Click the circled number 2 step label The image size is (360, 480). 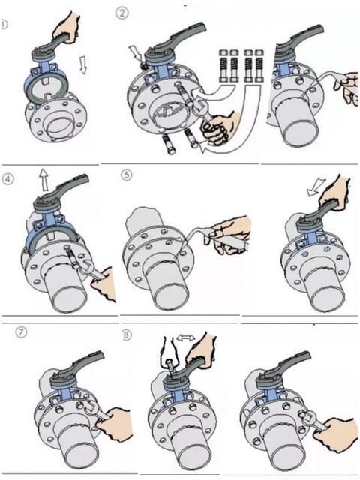click(x=121, y=13)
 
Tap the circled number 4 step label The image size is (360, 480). click(x=8, y=179)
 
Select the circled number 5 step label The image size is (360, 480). click(x=127, y=175)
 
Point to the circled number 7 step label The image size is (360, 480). click(x=21, y=332)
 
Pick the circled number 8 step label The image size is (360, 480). click(x=127, y=334)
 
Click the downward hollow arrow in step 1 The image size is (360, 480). click(x=82, y=64)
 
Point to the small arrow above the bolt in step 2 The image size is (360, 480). click(x=135, y=54)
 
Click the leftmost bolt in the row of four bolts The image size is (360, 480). click(x=223, y=66)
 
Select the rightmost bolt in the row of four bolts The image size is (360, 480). click(x=259, y=66)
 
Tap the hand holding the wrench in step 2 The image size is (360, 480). click(x=218, y=127)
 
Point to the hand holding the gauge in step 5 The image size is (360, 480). click(x=228, y=234)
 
